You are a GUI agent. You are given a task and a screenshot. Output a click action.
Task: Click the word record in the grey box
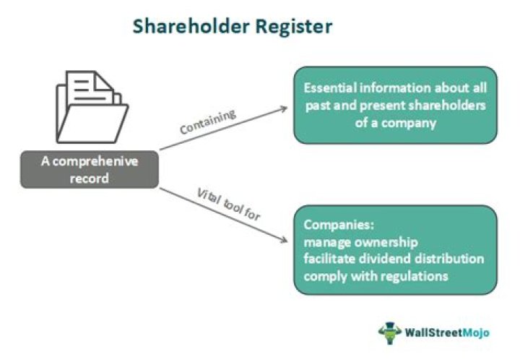point(89,178)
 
